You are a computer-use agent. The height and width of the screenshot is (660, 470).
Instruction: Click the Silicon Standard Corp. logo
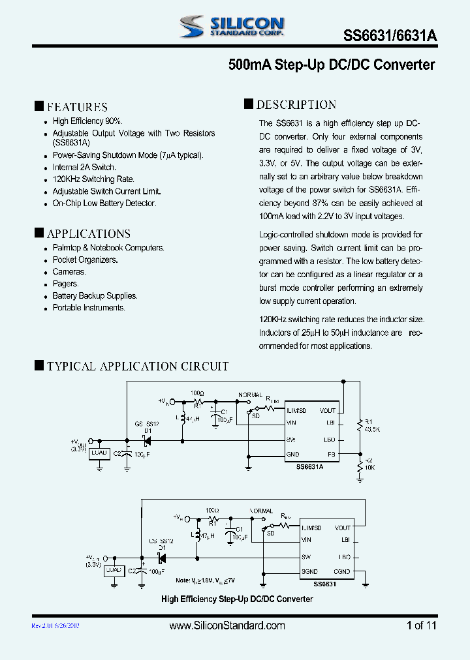232,25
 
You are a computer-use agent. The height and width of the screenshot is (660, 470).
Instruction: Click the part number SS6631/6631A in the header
390,37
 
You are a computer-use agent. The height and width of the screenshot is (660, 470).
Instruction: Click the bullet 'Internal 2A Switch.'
84,168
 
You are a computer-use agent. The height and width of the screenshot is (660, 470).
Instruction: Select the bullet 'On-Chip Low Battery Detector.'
104,203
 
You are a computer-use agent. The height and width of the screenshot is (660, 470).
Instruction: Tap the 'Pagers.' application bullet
65,284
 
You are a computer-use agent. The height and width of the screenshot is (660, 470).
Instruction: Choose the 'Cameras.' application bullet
69,272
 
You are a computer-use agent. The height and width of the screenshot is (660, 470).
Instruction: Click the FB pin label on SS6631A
331,454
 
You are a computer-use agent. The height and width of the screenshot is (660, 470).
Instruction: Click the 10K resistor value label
370,468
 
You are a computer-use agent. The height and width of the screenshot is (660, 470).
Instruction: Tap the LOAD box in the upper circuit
100,453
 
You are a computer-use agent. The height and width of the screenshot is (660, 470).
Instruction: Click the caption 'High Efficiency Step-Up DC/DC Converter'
237,599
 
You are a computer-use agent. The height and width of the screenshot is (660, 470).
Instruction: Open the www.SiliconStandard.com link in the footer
227,625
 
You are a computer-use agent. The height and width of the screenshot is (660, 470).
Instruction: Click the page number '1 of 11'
421,625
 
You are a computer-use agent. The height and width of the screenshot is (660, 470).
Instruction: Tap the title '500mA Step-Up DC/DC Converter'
332,65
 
